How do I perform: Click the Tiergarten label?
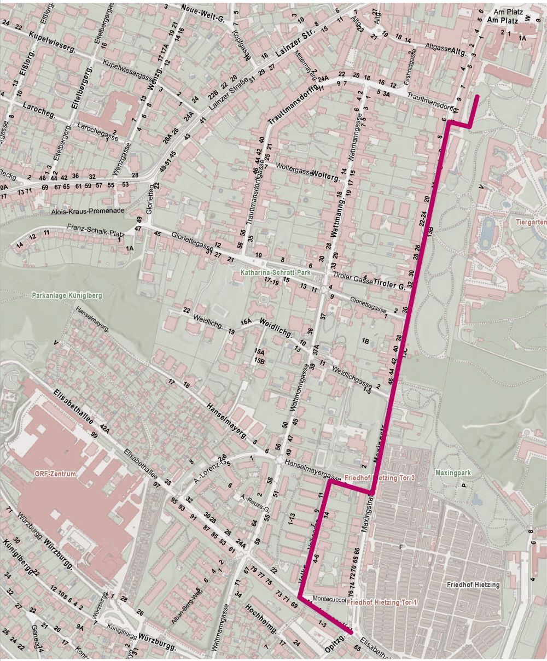531,223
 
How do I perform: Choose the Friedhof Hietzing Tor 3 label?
381,478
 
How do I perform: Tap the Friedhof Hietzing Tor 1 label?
381,601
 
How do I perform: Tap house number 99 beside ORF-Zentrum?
94,435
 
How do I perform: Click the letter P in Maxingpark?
463,484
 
